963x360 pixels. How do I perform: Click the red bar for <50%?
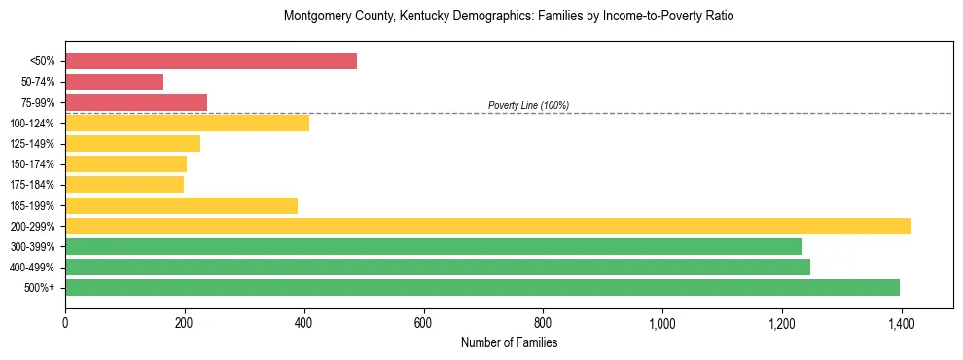[211, 61]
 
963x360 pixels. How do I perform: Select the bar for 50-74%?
[114, 82]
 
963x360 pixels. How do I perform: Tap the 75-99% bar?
[136, 102]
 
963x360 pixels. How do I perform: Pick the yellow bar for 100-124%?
[187, 123]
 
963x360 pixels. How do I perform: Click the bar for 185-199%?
[181, 205]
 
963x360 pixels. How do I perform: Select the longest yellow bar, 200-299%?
[488, 226]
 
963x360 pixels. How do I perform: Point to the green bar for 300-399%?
[434, 246]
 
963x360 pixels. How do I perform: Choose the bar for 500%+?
[482, 287]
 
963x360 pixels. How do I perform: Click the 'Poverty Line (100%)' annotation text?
[528, 105]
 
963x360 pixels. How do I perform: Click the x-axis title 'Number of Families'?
[509, 342]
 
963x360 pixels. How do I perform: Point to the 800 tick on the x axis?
[543, 322]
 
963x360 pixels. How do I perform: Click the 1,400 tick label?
[901, 322]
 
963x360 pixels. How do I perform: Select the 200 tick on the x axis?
[185, 322]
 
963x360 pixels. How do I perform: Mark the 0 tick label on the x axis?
[65, 322]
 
